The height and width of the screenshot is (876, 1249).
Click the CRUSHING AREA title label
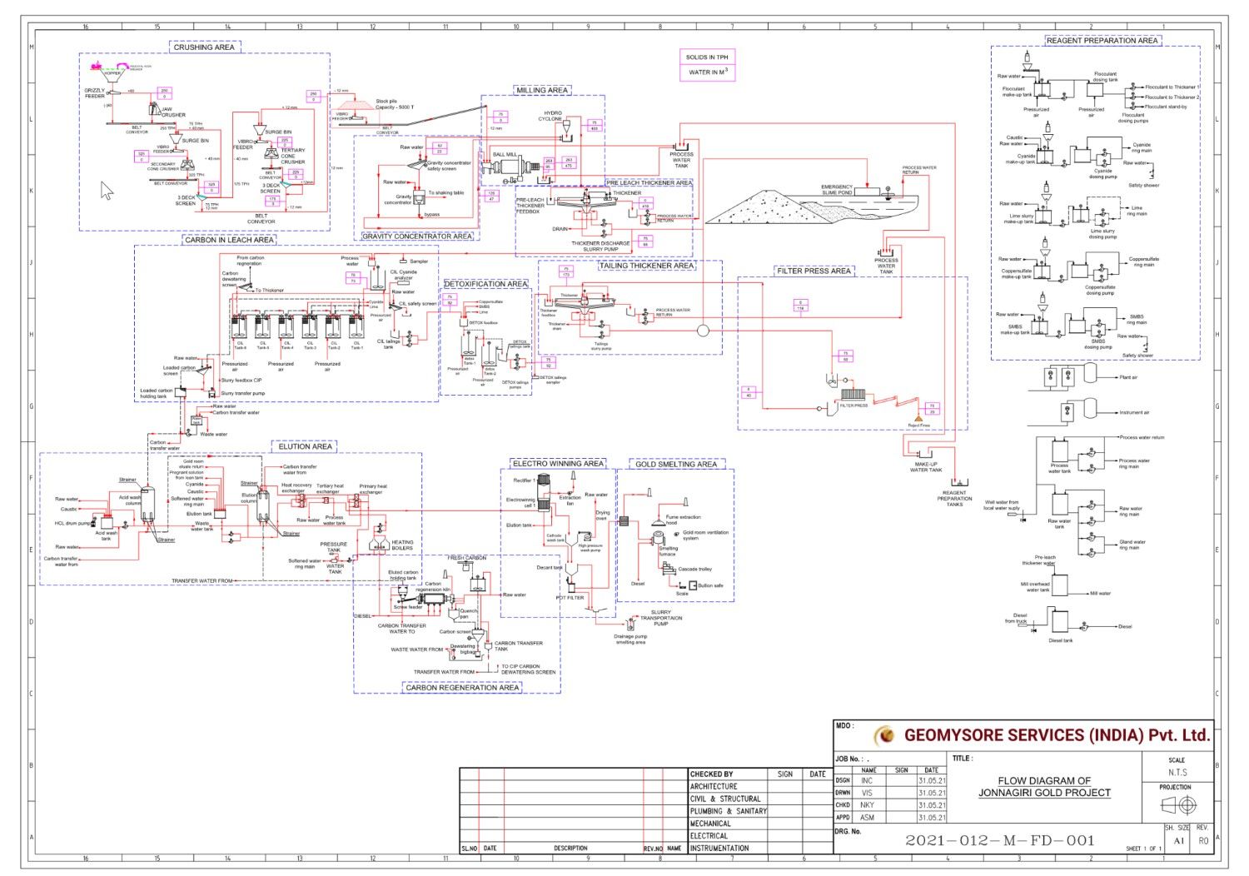point(204,47)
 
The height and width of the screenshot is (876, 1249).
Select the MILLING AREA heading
point(542,90)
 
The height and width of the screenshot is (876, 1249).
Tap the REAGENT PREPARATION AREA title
point(1102,40)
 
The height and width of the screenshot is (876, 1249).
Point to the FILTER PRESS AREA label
point(814,271)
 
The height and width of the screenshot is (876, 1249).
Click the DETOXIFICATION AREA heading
point(485,284)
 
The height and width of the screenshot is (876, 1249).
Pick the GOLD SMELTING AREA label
point(676,464)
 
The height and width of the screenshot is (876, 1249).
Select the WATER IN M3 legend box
point(707,72)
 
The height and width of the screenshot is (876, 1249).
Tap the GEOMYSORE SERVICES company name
point(1056,735)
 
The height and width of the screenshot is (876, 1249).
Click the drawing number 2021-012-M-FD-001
point(999,840)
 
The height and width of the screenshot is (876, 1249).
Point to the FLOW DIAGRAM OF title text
point(1044,781)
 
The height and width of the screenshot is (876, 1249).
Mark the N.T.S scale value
point(1177,773)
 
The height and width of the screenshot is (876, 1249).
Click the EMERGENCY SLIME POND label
point(837,190)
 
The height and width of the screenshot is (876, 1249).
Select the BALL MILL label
point(505,155)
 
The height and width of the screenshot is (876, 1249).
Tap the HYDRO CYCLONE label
point(553,116)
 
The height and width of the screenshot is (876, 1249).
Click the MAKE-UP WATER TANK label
point(926,467)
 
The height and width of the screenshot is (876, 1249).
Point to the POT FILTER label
point(570,598)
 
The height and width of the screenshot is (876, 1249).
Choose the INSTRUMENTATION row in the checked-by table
point(719,848)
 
